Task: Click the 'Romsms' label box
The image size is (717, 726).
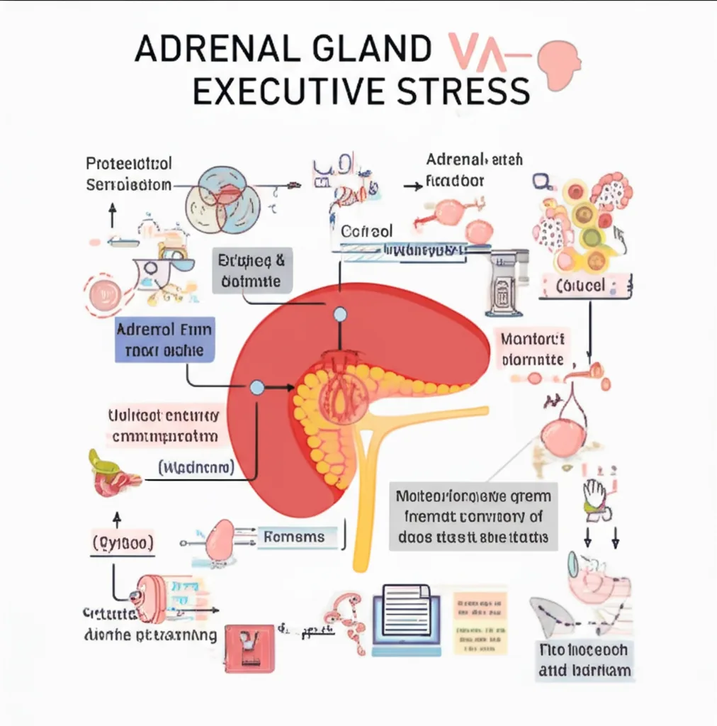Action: [x=293, y=537]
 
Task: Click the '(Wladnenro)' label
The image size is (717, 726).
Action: [x=196, y=468]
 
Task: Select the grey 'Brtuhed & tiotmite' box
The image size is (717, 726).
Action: [x=252, y=272]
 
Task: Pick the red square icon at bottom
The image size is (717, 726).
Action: [x=249, y=647]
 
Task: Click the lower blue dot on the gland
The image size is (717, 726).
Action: [x=257, y=387]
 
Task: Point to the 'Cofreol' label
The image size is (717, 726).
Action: [x=367, y=232]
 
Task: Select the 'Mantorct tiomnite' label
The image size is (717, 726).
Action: [x=532, y=348]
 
